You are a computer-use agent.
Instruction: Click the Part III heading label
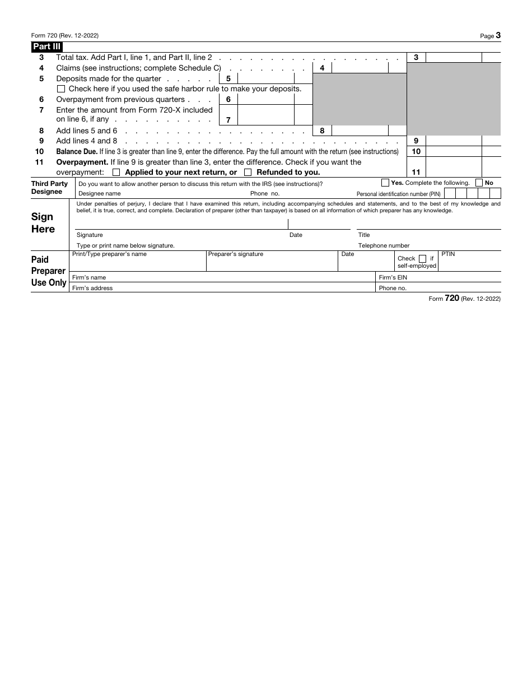[x=46, y=47]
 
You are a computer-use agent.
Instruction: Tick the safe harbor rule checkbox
[x=61, y=89]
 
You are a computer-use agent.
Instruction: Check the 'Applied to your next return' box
[x=116, y=173]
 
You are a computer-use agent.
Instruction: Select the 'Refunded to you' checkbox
[x=248, y=173]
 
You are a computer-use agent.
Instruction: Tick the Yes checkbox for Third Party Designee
[x=385, y=183]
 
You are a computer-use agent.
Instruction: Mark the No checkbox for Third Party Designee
[x=479, y=183]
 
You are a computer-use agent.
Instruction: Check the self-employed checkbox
[x=422, y=259]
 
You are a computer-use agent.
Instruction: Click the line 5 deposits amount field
[x=265, y=79]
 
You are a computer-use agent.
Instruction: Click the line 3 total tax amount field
[x=454, y=58]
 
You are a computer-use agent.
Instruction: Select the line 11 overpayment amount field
[x=454, y=167]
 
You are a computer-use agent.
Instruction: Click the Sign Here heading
[x=43, y=223]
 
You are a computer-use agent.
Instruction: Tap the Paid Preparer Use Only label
[x=49, y=271]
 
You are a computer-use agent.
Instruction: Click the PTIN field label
[x=448, y=254]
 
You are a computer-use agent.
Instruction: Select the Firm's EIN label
[x=393, y=278]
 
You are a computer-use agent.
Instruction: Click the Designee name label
[x=99, y=194]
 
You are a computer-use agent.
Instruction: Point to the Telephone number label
[x=384, y=246]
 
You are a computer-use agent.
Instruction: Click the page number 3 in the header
[x=498, y=35]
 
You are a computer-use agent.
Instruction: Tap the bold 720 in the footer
[x=452, y=299]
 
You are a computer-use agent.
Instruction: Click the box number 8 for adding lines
[x=322, y=131]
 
